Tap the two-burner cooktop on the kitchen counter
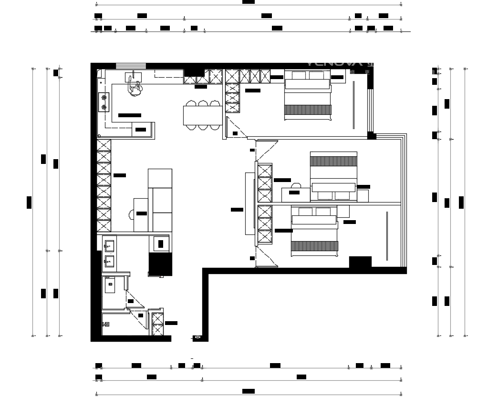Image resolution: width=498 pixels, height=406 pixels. click(x=104, y=102)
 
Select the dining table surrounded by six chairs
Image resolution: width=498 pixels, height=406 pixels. click(x=202, y=115)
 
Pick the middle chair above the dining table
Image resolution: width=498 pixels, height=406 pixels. click(x=203, y=103)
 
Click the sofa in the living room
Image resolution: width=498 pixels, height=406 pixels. click(x=160, y=200)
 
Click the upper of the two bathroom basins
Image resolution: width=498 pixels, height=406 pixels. click(x=109, y=246)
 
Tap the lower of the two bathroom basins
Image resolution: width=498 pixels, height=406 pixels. click(x=109, y=260)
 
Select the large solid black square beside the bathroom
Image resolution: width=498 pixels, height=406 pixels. click(x=160, y=264)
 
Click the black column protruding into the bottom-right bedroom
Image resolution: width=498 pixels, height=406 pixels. click(x=360, y=262)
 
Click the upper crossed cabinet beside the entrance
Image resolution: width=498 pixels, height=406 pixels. click(x=157, y=318)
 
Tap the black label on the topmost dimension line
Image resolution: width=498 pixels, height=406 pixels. click(x=249, y=2)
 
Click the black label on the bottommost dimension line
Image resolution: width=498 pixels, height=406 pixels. click(x=249, y=391)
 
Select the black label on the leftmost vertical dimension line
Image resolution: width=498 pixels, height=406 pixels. click(x=29, y=202)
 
